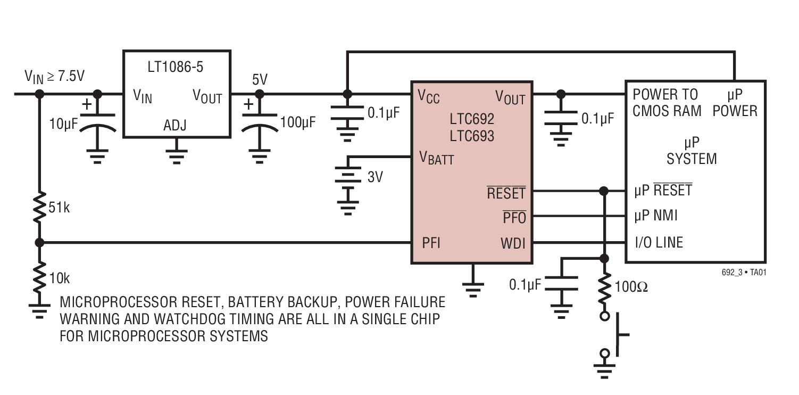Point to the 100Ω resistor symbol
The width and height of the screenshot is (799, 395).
(x=604, y=287)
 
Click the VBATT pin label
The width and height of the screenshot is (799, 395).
(x=436, y=158)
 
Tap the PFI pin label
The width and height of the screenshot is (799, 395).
(x=431, y=243)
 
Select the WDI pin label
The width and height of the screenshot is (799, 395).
(x=512, y=244)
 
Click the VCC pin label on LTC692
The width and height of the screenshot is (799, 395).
(x=429, y=96)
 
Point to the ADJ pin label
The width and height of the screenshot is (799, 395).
(x=175, y=125)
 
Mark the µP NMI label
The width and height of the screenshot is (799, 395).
(x=656, y=216)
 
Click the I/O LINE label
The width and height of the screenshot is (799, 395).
(x=659, y=243)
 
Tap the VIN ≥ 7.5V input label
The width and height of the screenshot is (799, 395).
(x=54, y=77)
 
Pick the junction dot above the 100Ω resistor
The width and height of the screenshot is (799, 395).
(x=604, y=259)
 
